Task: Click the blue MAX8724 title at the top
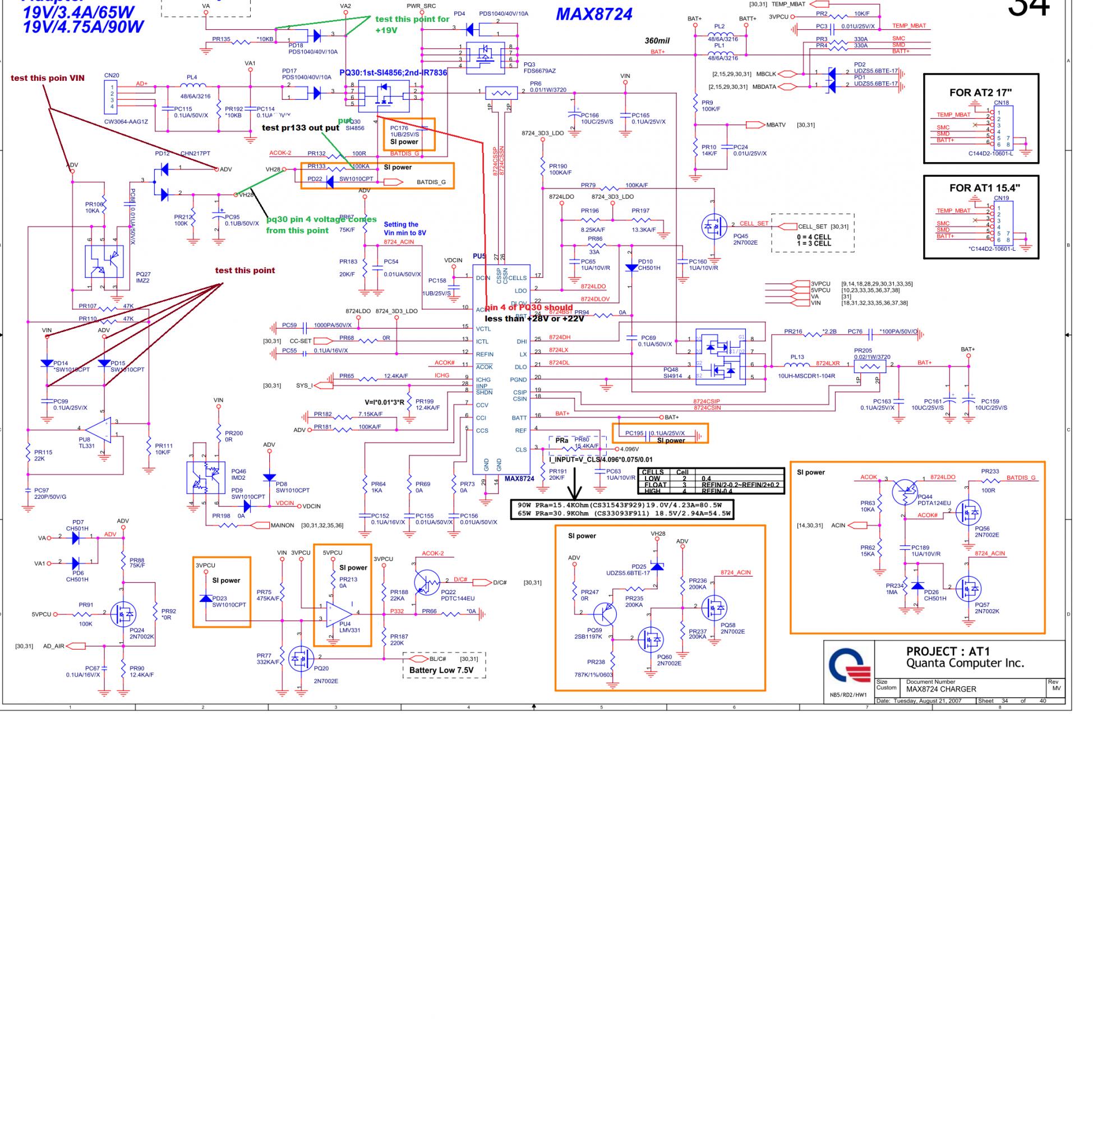593,15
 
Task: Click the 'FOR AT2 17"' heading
980,93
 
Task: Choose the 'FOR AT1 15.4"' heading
980,188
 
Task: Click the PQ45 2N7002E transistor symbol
713,227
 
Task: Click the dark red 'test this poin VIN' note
48,78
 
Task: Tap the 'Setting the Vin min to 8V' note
405,228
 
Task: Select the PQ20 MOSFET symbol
300,660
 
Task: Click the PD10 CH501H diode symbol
631,268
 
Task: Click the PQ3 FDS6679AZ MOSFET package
486,56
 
